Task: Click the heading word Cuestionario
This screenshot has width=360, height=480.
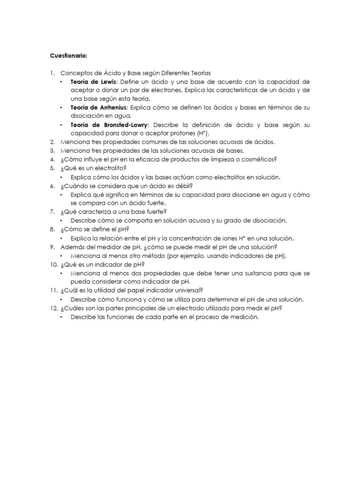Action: click(x=68, y=56)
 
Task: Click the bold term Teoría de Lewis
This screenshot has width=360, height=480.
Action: click(x=93, y=82)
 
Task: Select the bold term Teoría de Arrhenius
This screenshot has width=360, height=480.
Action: click(x=98, y=107)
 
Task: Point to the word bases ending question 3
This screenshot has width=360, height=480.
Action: click(x=235, y=150)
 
